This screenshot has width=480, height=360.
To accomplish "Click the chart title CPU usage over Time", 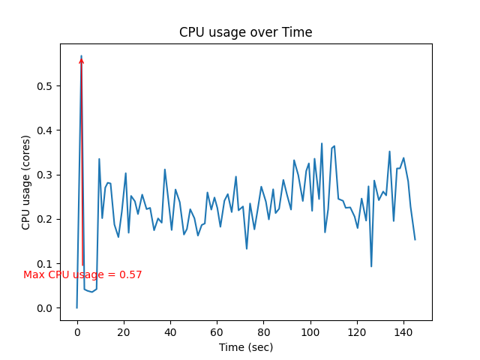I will pos(245,32).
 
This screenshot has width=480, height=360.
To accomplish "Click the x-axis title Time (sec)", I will pos(245,347).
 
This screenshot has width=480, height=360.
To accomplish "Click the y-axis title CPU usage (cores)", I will pos(26,182).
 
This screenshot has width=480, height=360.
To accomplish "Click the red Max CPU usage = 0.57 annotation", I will pos(82,275).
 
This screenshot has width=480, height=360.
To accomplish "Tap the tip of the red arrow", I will pos(82,57).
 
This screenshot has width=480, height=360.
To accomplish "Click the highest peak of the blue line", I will pos(82,55).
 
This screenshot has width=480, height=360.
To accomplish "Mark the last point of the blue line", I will pos(415,239).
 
